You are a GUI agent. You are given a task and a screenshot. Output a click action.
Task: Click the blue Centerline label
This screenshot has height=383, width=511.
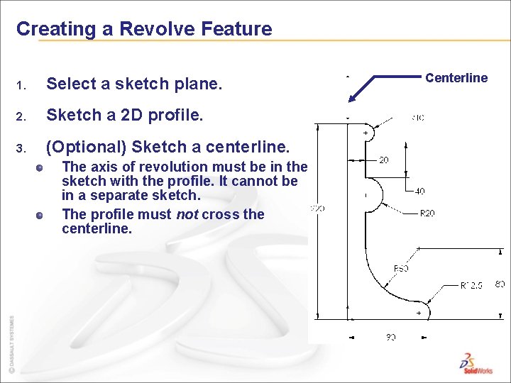pyautogui.click(x=456, y=78)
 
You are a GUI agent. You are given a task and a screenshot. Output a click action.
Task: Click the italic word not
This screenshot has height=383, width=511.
pyautogui.click(x=185, y=214)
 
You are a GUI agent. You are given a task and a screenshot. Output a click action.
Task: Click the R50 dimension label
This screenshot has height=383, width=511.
pyautogui.click(x=400, y=268)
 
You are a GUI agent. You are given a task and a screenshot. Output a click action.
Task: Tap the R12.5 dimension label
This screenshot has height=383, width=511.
pyautogui.click(x=471, y=285)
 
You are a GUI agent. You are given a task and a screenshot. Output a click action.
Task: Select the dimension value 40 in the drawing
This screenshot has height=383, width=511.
pyautogui.click(x=420, y=191)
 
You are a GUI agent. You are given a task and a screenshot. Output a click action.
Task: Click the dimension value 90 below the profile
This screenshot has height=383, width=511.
pyautogui.click(x=390, y=337)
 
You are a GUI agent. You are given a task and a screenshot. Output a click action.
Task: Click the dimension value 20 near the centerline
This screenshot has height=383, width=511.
pyautogui.click(x=383, y=160)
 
